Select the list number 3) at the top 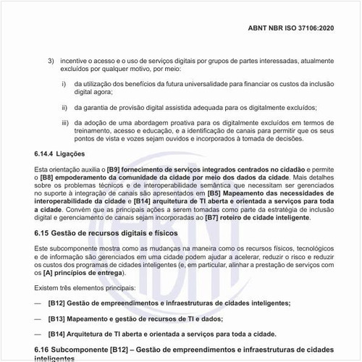pyautogui.click(x=51, y=60)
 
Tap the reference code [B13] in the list pyautogui.click(x=58, y=319)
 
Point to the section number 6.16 pyautogui.click(x=44, y=350)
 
